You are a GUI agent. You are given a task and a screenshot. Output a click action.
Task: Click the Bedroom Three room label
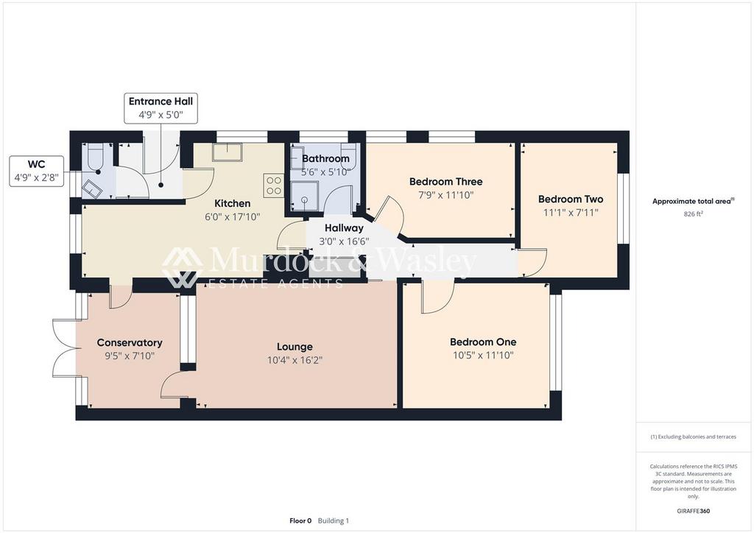tap(445, 182)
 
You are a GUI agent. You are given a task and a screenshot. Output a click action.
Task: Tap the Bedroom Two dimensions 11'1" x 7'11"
tap(571, 213)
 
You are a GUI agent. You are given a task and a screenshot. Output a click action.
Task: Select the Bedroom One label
tap(483, 342)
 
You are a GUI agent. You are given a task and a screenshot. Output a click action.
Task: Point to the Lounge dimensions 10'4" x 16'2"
tap(295, 360)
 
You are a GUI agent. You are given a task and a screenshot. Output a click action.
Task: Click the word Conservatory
tap(130, 342)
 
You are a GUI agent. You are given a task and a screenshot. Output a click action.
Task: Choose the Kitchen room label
tap(232, 203)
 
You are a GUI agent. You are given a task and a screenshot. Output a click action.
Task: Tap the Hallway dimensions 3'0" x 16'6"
tap(344, 241)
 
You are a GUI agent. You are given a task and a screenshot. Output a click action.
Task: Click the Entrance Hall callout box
tap(161, 108)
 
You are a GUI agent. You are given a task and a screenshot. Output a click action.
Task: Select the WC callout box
tap(37, 171)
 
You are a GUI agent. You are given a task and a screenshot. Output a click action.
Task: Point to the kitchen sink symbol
tap(228, 152)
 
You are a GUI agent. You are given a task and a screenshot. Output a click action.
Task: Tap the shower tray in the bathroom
tap(304, 196)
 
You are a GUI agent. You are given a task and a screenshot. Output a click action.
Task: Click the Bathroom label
tap(325, 158)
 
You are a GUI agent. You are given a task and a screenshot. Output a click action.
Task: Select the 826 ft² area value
tap(694, 214)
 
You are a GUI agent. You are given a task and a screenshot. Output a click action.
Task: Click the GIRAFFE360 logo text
tap(694, 511)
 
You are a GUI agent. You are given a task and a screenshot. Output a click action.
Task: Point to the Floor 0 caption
tap(300, 520)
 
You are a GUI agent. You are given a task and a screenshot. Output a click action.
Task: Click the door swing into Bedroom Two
tap(532, 262)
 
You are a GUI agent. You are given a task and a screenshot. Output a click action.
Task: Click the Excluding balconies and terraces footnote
tap(694, 437)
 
